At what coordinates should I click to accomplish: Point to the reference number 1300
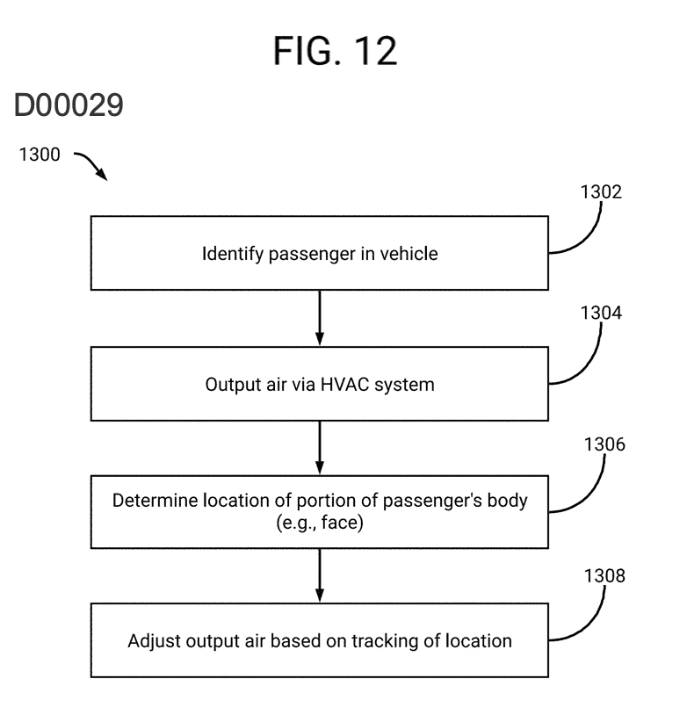[x=40, y=155]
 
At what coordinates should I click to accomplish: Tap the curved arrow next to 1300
[x=90, y=164]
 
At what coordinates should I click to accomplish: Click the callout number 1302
[x=601, y=193]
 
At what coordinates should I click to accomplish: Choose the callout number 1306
[x=604, y=445]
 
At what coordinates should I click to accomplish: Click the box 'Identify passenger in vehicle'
[x=319, y=255]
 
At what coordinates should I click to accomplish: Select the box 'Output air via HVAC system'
[x=319, y=384]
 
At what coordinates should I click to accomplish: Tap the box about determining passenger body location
[x=319, y=512]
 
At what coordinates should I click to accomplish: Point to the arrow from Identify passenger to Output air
[x=320, y=319]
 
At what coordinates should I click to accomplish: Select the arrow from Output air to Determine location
[x=320, y=447]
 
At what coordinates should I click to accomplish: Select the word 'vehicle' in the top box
[x=407, y=255]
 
